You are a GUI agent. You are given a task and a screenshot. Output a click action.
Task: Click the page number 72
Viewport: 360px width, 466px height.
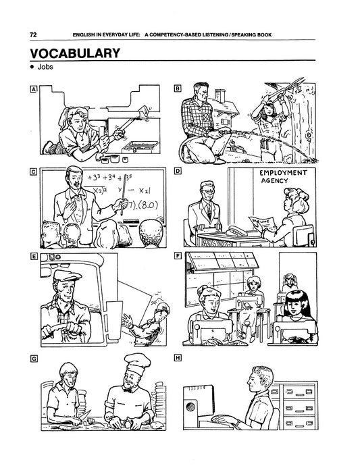coord(33,34)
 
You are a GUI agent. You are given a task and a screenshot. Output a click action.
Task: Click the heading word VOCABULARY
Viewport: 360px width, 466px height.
coord(75,53)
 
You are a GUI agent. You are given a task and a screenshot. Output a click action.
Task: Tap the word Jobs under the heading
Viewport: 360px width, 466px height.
coord(45,67)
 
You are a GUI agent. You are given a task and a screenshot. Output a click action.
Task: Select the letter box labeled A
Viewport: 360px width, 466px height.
coord(34,89)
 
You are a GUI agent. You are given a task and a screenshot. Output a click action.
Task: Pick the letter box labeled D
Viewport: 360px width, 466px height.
coord(178,171)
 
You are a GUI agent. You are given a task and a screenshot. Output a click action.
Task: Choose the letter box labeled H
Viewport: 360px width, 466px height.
coord(178,358)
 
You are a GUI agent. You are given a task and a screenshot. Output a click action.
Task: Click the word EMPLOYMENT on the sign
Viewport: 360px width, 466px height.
coord(283,173)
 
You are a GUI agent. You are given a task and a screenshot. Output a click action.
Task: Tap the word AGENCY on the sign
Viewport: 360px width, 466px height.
coord(274,181)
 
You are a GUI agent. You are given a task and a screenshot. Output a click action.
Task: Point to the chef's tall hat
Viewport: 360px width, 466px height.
coord(136,364)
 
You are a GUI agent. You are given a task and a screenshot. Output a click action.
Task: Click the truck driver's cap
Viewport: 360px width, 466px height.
coord(67,276)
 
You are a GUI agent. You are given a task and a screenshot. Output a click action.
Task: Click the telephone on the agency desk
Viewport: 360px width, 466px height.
coord(237,230)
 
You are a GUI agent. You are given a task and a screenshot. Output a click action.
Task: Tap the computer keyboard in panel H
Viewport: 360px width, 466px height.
coord(222,419)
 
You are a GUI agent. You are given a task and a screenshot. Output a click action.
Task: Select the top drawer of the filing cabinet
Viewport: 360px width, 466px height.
coord(299,392)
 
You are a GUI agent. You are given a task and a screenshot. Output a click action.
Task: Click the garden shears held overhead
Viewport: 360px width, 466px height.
coord(286,87)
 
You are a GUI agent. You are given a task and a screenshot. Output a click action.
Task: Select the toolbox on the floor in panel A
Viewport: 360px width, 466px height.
coord(140,147)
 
